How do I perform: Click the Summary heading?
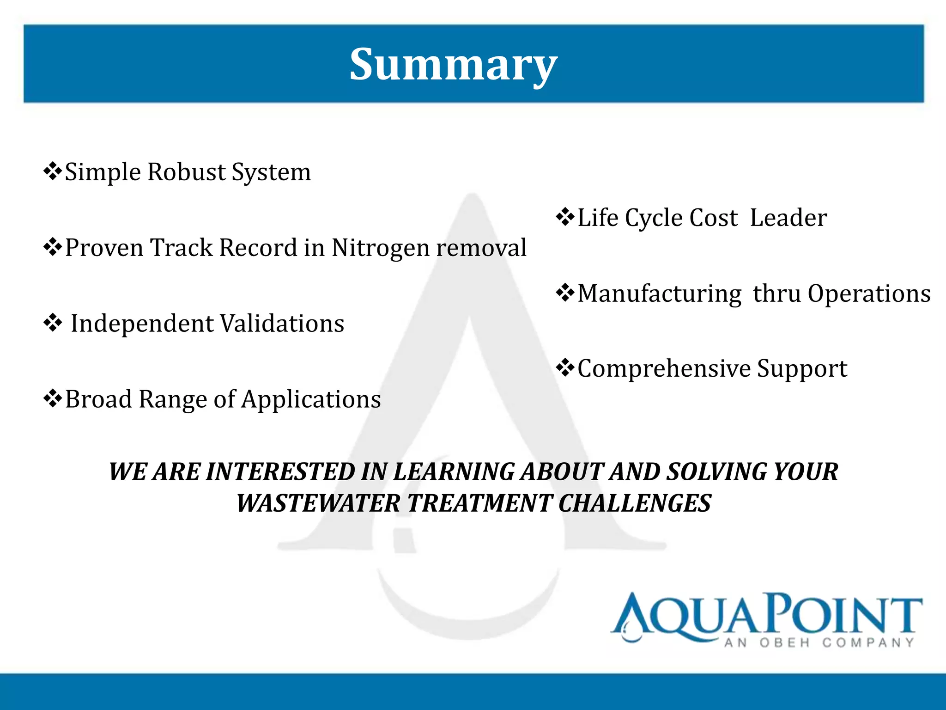click(x=453, y=65)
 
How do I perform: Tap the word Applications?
click(x=311, y=399)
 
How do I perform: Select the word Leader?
click(x=788, y=218)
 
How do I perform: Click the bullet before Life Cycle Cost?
click(x=565, y=217)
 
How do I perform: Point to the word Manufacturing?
click(x=660, y=294)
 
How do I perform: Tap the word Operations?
click(x=869, y=294)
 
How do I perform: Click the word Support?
click(x=802, y=369)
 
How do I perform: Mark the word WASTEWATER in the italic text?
click(x=318, y=503)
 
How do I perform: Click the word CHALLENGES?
click(x=635, y=503)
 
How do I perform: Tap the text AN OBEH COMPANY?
click(x=819, y=643)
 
